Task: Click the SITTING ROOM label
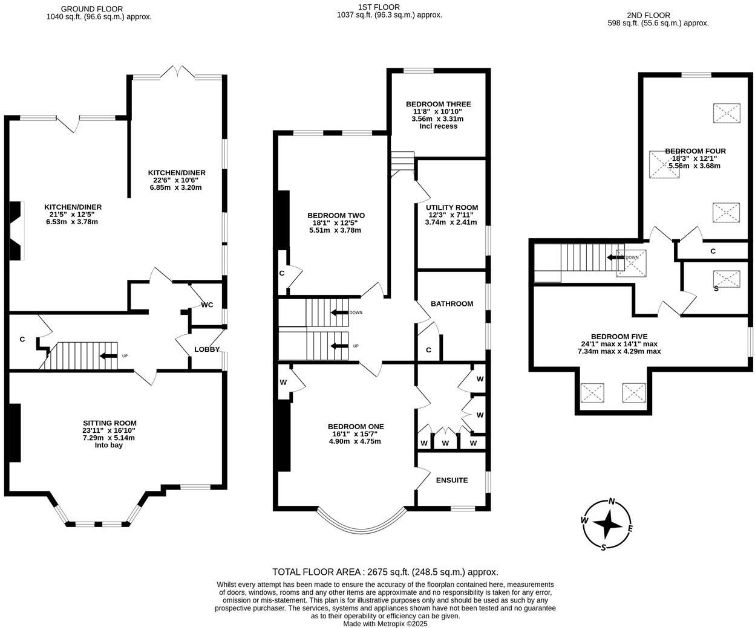coord(109,423)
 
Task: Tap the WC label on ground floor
coord(208,305)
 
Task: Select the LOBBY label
coord(206,349)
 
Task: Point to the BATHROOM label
coord(451,303)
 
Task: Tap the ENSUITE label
coord(451,480)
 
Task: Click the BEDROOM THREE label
coord(438,104)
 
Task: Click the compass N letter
coord(612,501)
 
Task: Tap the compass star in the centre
coord(607,523)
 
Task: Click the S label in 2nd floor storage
coord(716,289)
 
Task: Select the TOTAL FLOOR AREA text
coord(385,572)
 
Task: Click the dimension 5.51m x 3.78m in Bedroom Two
coord(336,230)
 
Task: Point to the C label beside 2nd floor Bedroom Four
coord(713,251)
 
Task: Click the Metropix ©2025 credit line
coord(385,623)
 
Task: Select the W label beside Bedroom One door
coord(283,382)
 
